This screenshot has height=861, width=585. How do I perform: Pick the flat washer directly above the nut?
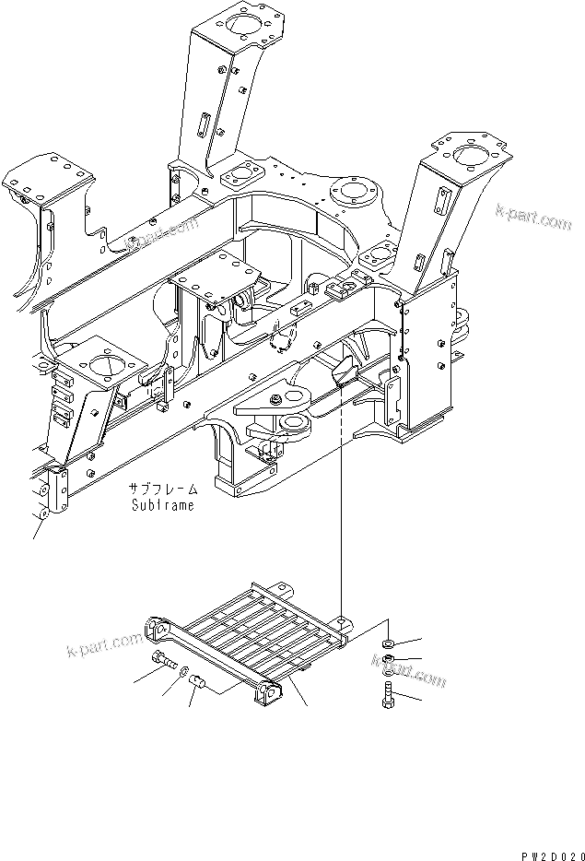[x=389, y=642]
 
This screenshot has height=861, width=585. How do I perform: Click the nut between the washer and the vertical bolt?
[x=389, y=659]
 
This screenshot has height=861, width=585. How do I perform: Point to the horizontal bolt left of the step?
[x=164, y=659]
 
